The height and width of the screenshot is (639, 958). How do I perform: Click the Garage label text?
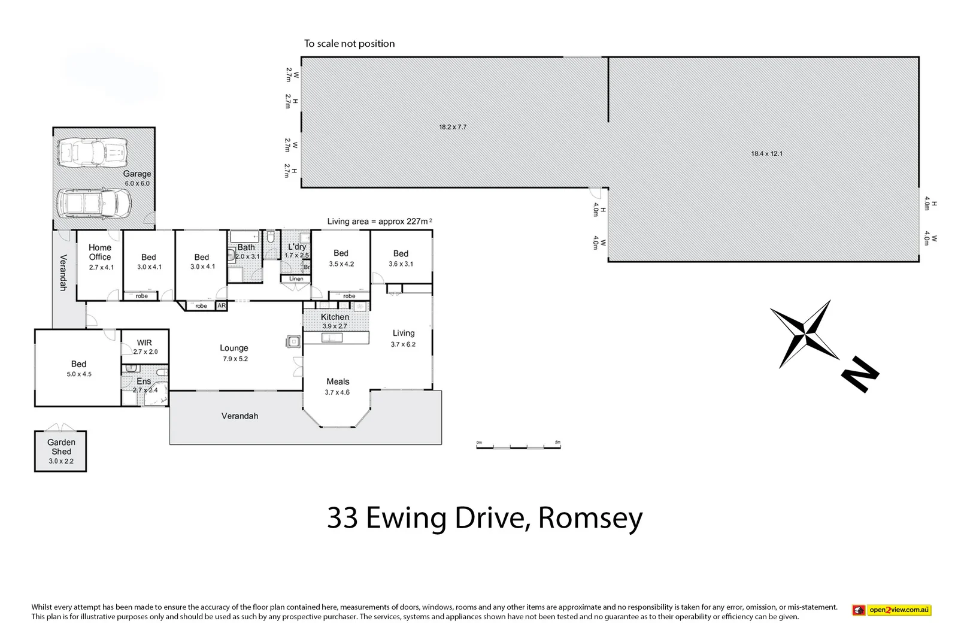tap(137, 174)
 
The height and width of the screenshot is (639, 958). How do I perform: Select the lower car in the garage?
tap(94, 204)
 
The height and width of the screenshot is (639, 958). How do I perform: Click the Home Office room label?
tap(100, 252)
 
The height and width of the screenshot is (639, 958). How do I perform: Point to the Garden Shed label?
tap(61, 447)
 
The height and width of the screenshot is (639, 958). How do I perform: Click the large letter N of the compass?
tap(860, 375)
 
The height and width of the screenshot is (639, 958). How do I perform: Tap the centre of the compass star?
tap(806, 334)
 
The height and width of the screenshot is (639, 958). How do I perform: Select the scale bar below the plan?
tap(518, 446)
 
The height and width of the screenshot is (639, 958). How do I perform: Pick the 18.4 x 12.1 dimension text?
tap(766, 154)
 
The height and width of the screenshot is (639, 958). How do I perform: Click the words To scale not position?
tap(349, 44)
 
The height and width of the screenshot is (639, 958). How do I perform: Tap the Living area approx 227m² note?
tap(379, 222)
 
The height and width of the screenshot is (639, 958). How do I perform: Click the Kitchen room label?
tap(335, 317)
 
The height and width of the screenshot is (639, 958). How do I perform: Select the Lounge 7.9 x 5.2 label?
tap(234, 353)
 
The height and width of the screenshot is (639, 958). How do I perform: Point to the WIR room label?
tap(144, 343)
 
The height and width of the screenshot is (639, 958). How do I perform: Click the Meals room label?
tap(338, 381)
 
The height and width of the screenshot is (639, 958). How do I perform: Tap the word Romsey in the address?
tap(590, 518)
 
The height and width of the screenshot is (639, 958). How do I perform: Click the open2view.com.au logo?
tap(892, 610)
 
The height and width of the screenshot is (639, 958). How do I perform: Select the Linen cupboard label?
tap(296, 279)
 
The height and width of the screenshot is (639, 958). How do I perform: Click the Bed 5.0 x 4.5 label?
tap(78, 368)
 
